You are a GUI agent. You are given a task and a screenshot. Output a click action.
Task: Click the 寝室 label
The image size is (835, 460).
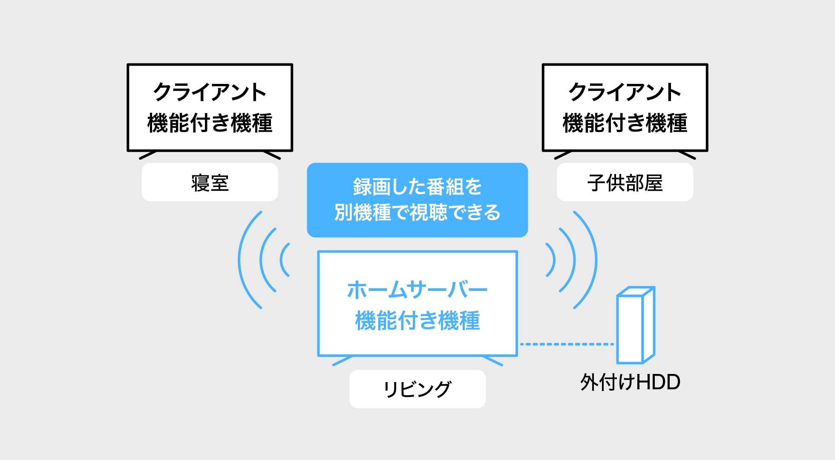coord(210,183)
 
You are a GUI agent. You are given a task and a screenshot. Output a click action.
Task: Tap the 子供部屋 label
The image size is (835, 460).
coord(625,183)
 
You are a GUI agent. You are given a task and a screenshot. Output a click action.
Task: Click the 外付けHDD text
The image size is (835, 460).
coord(630,382)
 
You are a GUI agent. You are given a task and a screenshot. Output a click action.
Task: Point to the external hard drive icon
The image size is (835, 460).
coord(635,325)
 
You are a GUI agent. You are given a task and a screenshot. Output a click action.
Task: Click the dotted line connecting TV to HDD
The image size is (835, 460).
coord(567,344)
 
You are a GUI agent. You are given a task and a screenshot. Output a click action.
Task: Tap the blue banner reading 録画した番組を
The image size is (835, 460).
coord(417,187)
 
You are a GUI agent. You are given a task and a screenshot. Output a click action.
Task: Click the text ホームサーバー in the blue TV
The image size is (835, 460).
coord(417,290)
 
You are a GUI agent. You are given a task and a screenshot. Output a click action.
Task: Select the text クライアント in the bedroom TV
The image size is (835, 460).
coord(210,92)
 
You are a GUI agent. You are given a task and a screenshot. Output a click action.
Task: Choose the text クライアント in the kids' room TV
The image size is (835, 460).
coord(625,92)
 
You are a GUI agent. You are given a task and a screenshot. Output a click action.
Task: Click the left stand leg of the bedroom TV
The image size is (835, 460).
coord(148,155)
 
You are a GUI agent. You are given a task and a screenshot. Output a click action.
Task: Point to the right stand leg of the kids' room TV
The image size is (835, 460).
coord(687,155)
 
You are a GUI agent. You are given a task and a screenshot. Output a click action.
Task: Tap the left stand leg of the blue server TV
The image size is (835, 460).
coord(342,361)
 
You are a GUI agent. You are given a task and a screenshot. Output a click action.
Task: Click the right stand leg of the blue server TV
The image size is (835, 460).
coord(492,361)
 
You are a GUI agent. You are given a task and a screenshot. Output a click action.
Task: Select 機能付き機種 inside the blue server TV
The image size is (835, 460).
coord(417,321)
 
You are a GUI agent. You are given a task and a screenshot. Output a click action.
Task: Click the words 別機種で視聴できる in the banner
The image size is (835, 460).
coord(417,212)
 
